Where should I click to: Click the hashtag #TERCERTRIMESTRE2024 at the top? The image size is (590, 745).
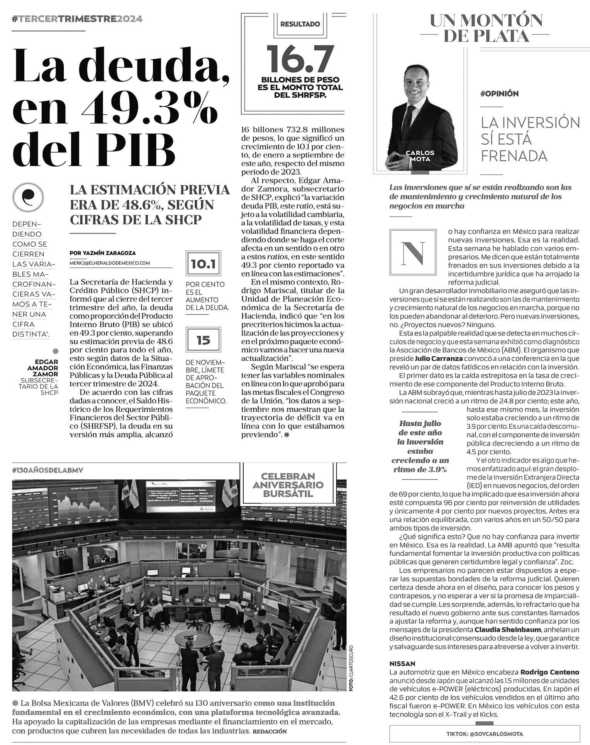77,19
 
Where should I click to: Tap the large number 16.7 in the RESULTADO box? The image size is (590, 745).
300,59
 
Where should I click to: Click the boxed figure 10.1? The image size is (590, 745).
203,264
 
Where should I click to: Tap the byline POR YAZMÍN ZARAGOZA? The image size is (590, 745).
103,253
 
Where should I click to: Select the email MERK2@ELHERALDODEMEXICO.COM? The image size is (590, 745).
110,263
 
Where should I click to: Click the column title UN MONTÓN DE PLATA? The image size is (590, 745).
486,28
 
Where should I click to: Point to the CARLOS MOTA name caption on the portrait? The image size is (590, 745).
420,156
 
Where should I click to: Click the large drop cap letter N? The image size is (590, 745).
412,252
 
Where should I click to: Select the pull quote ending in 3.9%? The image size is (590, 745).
420,447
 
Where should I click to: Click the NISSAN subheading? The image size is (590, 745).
402,664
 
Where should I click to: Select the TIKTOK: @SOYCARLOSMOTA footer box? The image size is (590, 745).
485,734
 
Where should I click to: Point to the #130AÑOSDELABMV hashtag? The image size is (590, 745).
48,470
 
